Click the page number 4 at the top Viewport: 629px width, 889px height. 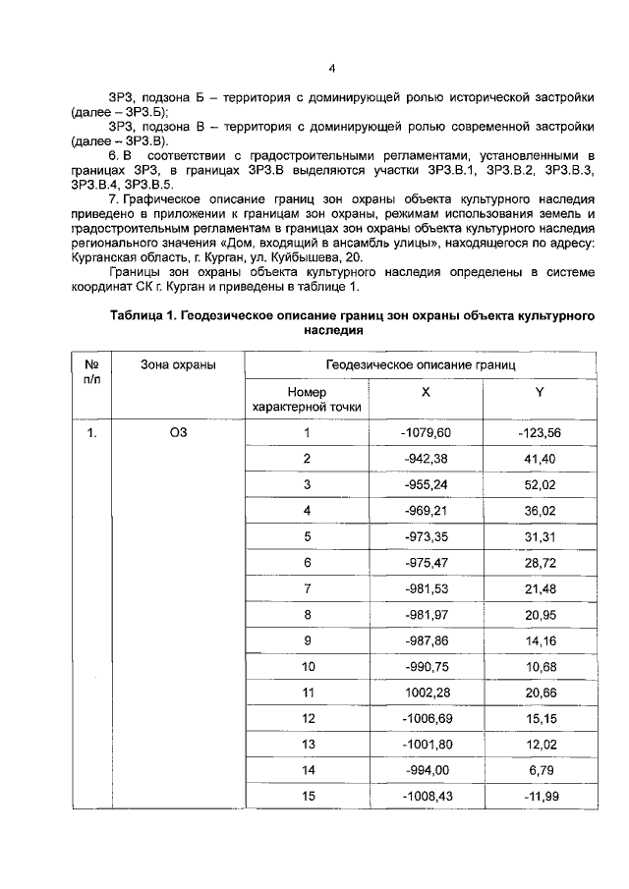pos(332,68)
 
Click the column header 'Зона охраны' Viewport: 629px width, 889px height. pos(178,364)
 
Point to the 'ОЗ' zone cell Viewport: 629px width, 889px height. pos(178,433)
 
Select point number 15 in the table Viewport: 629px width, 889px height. pos(308,797)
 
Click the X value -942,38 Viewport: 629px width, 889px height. pos(426,459)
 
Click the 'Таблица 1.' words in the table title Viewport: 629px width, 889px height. pos(144,315)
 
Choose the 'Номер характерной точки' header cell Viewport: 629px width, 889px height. pos(308,398)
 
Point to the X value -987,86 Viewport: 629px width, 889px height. pos(426,640)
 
